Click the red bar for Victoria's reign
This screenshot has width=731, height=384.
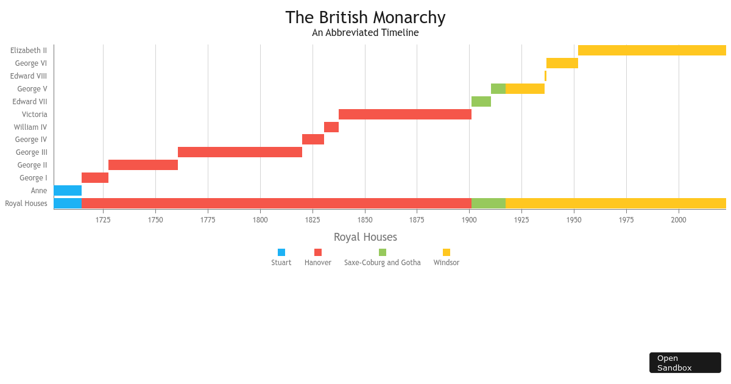click(404, 115)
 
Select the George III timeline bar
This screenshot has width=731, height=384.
click(239, 152)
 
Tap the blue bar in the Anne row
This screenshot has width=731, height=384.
click(68, 191)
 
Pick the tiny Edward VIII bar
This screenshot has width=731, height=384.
click(545, 76)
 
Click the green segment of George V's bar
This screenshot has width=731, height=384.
click(498, 89)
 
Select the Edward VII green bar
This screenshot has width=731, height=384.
click(481, 102)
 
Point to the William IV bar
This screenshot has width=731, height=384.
click(331, 127)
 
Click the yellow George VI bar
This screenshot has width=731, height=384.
click(562, 63)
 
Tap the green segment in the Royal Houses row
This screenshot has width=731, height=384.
click(488, 204)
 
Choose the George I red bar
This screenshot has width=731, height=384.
click(94, 178)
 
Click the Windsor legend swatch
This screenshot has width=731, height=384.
click(447, 252)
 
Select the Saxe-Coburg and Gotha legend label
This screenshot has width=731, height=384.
click(382, 263)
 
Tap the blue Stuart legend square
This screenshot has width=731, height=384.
click(281, 252)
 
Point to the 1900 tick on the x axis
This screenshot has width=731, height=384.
click(469, 219)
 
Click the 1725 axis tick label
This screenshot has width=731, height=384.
click(103, 219)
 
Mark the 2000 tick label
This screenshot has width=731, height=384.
click(678, 219)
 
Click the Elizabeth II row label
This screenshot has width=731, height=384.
click(29, 51)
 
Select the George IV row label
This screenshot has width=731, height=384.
click(31, 140)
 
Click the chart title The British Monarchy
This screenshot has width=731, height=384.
click(365, 18)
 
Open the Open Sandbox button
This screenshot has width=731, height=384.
click(685, 363)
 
